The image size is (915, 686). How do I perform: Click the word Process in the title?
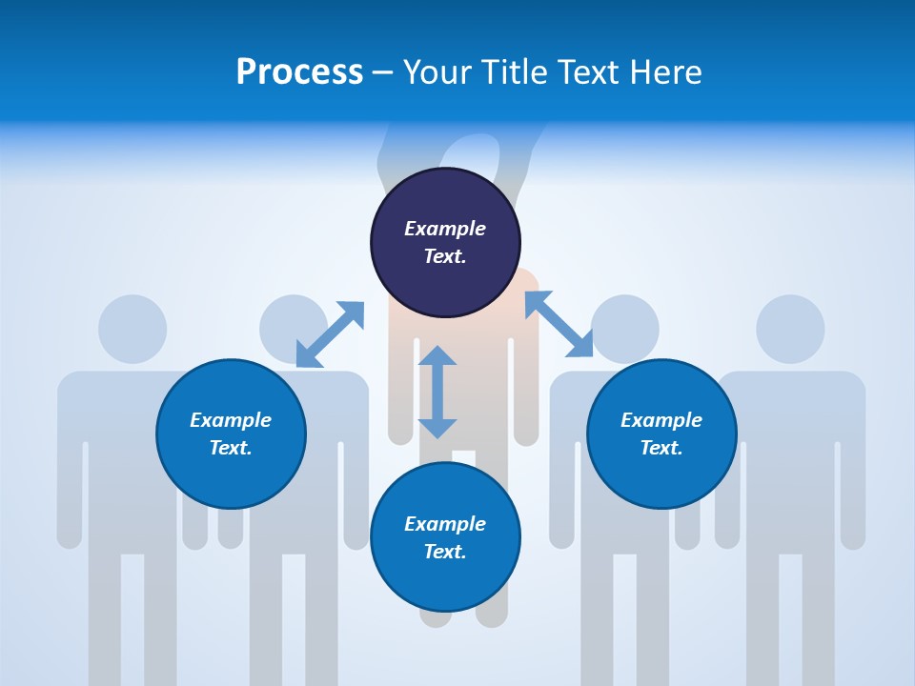click(x=299, y=72)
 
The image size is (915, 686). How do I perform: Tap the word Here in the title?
click(x=664, y=72)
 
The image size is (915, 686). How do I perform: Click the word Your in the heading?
click(x=437, y=72)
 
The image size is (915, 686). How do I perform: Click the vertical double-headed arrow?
click(x=437, y=392)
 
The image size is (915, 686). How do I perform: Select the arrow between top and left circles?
click(x=330, y=334)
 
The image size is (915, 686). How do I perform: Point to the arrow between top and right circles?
click(x=559, y=324)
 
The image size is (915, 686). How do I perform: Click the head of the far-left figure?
click(x=132, y=329)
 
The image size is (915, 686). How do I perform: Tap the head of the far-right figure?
click(x=790, y=329)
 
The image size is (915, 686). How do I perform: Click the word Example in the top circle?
click(x=445, y=229)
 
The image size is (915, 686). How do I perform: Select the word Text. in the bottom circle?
click(x=445, y=552)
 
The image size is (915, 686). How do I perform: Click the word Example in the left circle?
click(x=231, y=420)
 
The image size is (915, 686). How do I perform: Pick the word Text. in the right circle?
click(x=661, y=448)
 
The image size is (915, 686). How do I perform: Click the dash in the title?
click(x=383, y=72)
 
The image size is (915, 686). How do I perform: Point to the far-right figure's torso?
click(x=790, y=457)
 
